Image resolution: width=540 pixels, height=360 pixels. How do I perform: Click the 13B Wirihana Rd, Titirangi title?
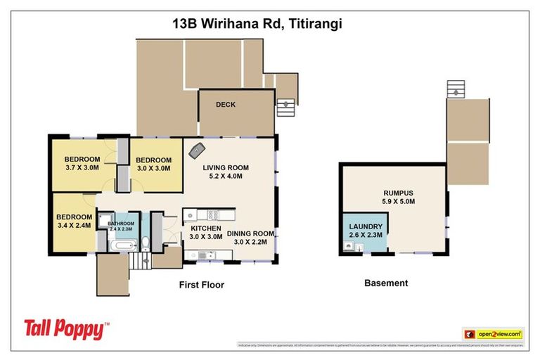(257, 23)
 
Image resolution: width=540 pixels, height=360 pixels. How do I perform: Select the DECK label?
(226, 105)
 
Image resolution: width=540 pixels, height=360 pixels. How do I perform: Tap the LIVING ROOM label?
(226, 167)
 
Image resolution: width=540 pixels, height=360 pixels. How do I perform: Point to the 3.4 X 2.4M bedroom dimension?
(75, 226)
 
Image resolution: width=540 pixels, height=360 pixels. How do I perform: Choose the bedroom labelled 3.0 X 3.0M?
(153, 169)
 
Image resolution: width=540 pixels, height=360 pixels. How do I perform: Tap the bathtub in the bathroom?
(124, 246)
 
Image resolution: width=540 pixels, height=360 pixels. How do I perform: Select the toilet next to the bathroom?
(146, 243)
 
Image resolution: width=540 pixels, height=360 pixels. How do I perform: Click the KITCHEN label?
(206, 229)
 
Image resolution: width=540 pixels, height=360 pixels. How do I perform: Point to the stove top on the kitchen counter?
(212, 214)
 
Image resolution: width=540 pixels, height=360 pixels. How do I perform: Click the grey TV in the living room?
(195, 150)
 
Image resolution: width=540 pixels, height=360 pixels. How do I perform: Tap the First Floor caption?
(200, 285)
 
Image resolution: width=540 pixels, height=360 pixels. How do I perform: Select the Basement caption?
(385, 283)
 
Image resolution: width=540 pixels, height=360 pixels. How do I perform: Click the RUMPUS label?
(399, 193)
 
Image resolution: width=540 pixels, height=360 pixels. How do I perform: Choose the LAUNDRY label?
(366, 226)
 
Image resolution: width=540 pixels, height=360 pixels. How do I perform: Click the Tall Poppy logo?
(67, 328)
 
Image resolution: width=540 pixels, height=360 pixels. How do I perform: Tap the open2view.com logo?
(492, 333)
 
